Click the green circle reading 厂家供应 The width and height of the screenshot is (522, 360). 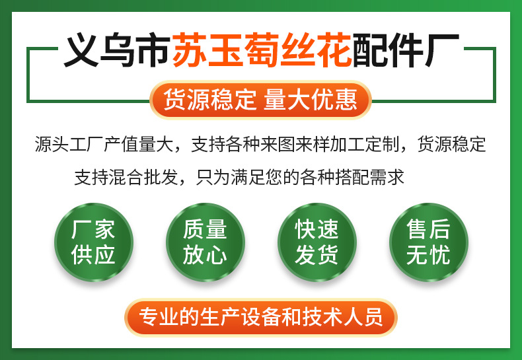93,242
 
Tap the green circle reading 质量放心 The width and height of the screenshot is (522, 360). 205,242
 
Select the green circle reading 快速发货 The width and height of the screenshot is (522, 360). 317,242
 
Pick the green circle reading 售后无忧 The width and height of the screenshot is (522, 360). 428,242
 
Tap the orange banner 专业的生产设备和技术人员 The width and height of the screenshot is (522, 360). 260,317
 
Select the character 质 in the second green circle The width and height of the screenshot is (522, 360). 194,230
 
